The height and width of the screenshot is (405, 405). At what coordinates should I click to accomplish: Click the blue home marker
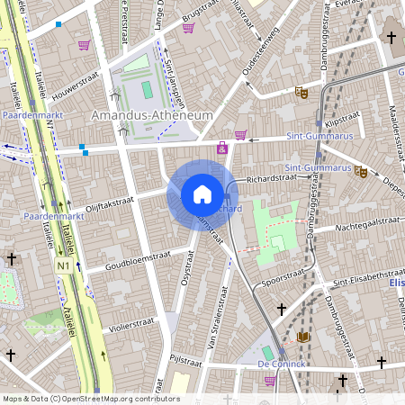(202, 194)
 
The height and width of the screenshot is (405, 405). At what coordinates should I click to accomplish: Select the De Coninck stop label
(283, 363)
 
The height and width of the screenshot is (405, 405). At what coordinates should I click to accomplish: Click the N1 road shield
(62, 267)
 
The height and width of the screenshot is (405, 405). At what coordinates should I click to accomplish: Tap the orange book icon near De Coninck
(302, 337)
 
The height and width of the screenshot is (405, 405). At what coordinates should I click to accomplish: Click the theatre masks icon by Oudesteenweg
(301, 91)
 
